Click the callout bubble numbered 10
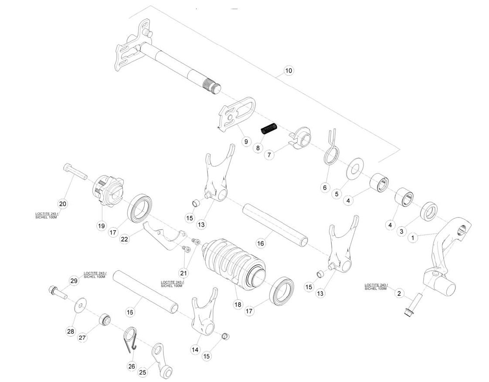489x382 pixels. click(x=289, y=70)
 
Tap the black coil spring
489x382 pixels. click(x=269, y=129)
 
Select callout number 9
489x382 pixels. click(x=246, y=142)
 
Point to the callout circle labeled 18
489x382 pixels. click(x=238, y=305)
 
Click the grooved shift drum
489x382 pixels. click(x=234, y=262)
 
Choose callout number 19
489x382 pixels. click(x=102, y=226)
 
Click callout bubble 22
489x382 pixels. click(x=125, y=239)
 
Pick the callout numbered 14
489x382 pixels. click(x=195, y=350)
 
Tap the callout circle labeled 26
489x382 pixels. click(x=132, y=366)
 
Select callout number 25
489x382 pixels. click(x=143, y=372)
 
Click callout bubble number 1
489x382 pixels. click(x=413, y=238)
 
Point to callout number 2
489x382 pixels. click(x=399, y=293)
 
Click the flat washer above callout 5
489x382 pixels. click(x=354, y=170)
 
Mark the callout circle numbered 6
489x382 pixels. click(x=325, y=188)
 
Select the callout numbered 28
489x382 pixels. click(x=71, y=331)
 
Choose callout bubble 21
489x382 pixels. click(x=184, y=273)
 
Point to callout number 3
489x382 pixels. click(x=401, y=231)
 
